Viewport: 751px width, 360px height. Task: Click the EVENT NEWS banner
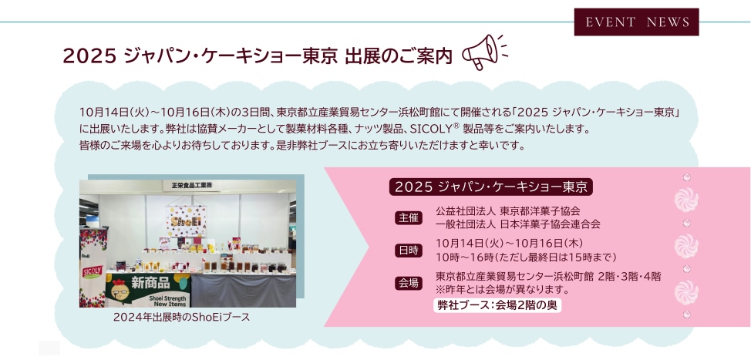click(636, 22)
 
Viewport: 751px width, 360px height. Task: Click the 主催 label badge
click(409, 218)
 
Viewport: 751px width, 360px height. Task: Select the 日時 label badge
click(409, 251)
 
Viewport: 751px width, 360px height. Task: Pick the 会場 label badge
click(409, 283)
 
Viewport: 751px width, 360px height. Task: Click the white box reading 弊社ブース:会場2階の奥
click(497, 305)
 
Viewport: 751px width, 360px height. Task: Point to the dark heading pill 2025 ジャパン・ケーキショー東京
click(491, 187)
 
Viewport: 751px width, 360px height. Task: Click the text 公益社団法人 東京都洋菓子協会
click(508, 210)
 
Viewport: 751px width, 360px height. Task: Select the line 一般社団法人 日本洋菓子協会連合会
click(517, 224)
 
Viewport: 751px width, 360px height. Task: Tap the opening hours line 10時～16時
click(526, 257)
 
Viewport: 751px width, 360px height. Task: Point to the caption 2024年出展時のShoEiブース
click(181, 318)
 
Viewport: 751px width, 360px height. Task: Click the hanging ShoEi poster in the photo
click(187, 220)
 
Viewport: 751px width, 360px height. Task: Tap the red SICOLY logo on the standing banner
click(93, 271)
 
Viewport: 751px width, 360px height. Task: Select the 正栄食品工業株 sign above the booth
click(191, 184)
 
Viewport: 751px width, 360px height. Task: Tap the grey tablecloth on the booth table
click(244, 290)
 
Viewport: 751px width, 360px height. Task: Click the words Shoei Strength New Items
click(163, 301)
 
